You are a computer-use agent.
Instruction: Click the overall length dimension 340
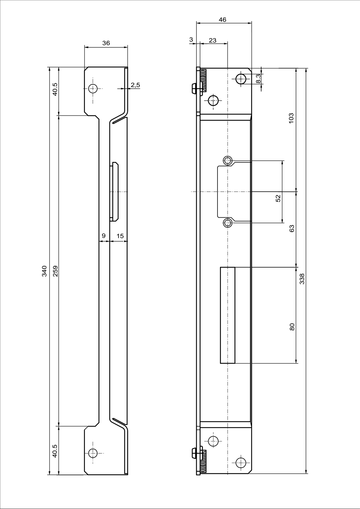44,271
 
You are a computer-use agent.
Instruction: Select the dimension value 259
55,271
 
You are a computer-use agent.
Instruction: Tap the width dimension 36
106,43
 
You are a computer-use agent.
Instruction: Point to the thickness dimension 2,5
135,85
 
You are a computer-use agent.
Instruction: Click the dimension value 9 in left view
104,236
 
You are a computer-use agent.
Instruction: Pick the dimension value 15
120,236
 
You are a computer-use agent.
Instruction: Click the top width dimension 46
222,20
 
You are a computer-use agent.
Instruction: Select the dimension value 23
212,40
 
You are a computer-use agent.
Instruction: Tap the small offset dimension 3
191,40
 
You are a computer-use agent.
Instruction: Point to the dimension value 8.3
259,78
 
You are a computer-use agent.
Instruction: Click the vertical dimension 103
291,118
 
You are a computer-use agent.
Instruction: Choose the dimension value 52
278,198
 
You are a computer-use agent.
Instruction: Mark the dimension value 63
292,229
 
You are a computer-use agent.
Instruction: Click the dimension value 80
292,327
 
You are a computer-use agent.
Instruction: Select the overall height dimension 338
302,279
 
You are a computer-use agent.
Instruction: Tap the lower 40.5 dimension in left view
55,451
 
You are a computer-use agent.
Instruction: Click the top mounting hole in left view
93,88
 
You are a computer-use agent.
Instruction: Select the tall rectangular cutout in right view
227,315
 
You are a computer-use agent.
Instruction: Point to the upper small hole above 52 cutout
228,160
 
